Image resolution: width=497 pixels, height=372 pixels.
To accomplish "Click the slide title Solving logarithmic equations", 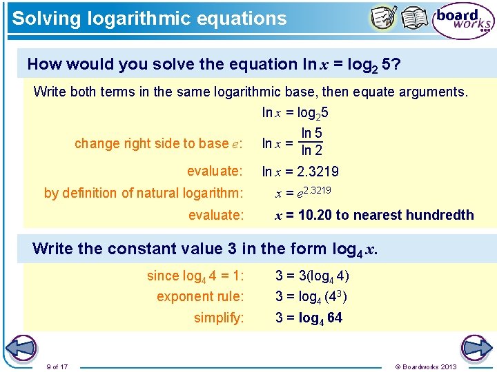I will pos(149,19).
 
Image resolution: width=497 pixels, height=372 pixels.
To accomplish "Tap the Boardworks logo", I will pos(463,22).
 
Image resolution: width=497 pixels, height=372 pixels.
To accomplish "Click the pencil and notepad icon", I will pos(384,19).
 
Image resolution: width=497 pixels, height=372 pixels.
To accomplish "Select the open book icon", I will pos(415,19).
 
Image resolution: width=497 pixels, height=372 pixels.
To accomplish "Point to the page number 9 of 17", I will pos(56,366).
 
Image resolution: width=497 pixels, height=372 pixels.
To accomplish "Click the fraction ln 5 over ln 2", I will pos(311,142).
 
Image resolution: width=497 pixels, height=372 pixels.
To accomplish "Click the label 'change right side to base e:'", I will pos(158,143).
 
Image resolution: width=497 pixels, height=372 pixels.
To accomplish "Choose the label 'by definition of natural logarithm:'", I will pos(144,193).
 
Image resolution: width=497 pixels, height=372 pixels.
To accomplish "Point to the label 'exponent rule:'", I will pos(200,296).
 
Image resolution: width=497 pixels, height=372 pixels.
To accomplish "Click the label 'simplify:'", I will pos(219,318).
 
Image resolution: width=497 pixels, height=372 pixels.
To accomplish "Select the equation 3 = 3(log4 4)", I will pos(312,276).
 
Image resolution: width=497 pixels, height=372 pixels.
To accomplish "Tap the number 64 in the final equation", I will pos(334,318).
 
